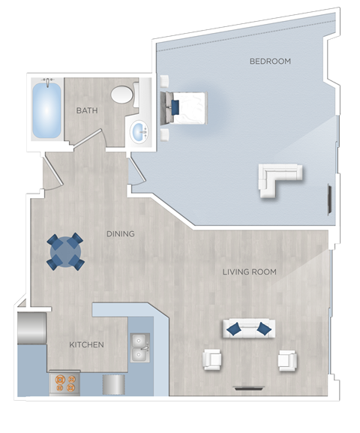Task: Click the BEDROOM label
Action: [x=270, y=61]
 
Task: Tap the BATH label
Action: [x=87, y=111]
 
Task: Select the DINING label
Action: [x=120, y=234]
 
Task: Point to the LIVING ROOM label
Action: [x=249, y=272]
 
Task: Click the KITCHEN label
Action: [x=86, y=345]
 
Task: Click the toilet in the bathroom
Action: [x=122, y=95]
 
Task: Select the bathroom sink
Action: [x=139, y=133]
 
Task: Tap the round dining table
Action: [x=65, y=251]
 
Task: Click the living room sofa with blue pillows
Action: [x=248, y=328]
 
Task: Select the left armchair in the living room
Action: [x=213, y=359]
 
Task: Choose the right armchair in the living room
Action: [x=287, y=360]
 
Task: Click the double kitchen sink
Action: [x=140, y=347]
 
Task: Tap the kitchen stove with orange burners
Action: [x=64, y=383]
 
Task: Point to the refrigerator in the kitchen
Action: [x=31, y=329]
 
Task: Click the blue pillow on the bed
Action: [x=175, y=108]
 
